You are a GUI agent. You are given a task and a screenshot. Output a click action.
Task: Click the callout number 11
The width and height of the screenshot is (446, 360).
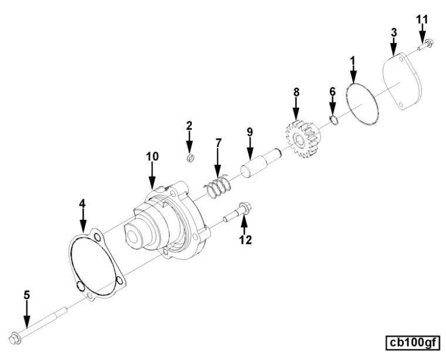coord(422,19)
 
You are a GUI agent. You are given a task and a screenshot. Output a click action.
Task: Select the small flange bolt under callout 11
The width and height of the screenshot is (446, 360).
coord(425,45)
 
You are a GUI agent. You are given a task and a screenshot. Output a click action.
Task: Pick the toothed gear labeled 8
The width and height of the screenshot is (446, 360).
coord(302,138)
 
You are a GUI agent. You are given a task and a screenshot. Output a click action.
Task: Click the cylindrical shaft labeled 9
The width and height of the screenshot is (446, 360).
coord(260,162)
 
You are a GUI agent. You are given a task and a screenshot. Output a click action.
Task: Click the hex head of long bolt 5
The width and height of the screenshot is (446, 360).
coord(15,338)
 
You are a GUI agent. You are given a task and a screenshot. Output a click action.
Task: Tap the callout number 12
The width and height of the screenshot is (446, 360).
coord(245,240)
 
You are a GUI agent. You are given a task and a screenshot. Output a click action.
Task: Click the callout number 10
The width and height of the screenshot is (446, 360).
coord(153,157)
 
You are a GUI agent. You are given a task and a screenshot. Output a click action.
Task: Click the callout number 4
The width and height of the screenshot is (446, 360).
coord(83,203)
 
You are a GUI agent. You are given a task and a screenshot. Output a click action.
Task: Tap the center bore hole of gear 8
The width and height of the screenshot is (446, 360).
coord(299,140)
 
